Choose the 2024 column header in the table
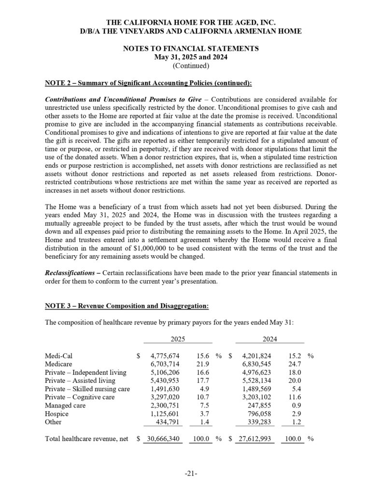point(269,340)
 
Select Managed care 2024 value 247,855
point(259,405)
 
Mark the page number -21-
point(191,474)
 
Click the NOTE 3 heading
point(127,306)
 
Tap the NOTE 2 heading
point(148,83)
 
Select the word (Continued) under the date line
point(191,65)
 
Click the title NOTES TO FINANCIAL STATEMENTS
point(191,48)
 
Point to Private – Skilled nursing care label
point(87,389)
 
